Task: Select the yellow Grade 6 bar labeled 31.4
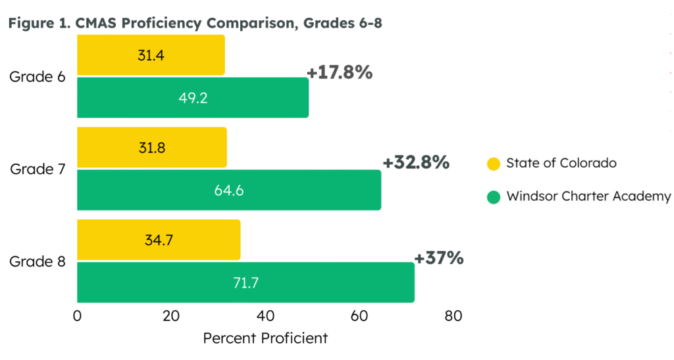pos(151,55)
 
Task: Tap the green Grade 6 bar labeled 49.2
pos(192,97)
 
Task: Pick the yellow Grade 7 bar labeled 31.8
pos(151,147)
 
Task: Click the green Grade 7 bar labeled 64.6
pos(228,190)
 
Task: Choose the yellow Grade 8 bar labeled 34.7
pos(158,240)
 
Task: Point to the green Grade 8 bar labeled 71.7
pos(245,282)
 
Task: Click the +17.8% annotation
pos(340,72)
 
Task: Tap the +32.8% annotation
pos(416,162)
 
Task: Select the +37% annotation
pos(439,257)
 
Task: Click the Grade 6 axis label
pos(38,76)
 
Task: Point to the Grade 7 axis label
pos(38,169)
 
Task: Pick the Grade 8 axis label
pos(38,261)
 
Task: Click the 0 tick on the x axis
pos(78,316)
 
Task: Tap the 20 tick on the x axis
pos(171,316)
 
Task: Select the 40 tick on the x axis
pos(265,316)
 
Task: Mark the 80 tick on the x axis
pos(453,316)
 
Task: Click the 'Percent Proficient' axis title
pos(265,339)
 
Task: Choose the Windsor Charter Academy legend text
pos(588,196)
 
